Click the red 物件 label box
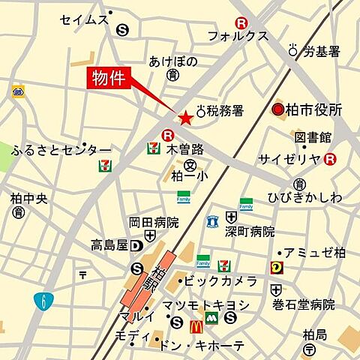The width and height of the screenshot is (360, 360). pos(106,78)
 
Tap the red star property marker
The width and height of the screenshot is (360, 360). pos(184,118)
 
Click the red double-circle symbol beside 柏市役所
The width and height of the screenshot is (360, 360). pos(277,110)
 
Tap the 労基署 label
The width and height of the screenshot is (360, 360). pos(322,51)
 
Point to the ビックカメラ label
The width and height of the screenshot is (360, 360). pos(220,281)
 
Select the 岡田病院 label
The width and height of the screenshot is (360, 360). pos(154,223)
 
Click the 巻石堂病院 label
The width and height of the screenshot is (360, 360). pos(303,304)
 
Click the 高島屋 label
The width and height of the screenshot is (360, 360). pos(109,245)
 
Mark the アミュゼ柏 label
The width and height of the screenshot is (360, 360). pos(313,253)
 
